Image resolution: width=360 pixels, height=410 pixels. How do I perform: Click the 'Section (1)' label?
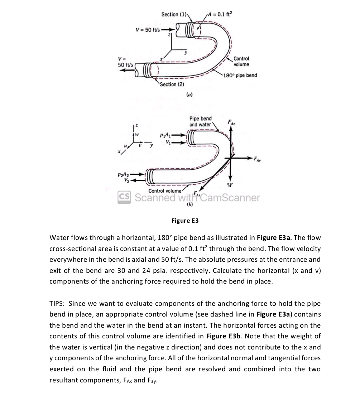[x=174, y=14]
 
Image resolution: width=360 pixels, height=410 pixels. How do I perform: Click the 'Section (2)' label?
[x=172, y=85]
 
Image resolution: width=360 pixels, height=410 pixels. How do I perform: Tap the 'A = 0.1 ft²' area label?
[x=220, y=14]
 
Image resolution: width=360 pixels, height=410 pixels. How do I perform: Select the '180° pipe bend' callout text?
[x=240, y=76]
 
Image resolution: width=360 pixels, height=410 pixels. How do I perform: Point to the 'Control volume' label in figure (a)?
[x=241, y=62]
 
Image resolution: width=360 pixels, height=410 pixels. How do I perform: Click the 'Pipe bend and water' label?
[x=200, y=121]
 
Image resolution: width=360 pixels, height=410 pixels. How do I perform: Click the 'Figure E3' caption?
[x=185, y=221]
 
